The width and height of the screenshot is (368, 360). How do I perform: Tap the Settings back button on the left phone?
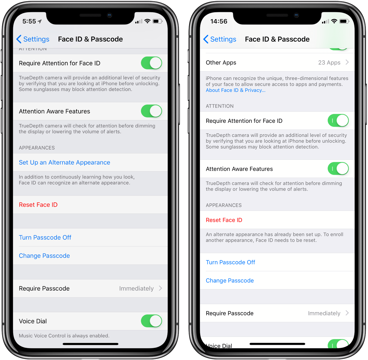tap(33, 39)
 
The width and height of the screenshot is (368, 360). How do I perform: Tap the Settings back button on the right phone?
tap(220, 39)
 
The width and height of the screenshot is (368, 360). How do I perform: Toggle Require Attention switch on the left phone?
tap(152, 63)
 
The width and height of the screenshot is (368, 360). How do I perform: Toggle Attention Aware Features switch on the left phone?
tap(152, 111)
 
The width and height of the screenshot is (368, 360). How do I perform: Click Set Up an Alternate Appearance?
tap(65, 162)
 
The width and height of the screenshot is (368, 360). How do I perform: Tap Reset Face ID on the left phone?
tap(38, 205)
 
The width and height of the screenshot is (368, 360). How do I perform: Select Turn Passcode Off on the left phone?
tap(45, 237)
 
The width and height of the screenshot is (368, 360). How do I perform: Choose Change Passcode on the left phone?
tap(44, 256)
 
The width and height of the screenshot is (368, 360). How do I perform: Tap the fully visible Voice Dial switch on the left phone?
tap(152, 321)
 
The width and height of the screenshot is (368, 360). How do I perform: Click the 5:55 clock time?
tap(29, 21)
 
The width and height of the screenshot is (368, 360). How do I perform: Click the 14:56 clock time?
tap(219, 21)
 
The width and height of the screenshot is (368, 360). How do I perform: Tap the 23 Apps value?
tap(329, 62)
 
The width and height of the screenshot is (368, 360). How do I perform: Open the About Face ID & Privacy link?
tap(236, 90)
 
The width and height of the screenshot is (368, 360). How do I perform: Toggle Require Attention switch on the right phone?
tap(338, 120)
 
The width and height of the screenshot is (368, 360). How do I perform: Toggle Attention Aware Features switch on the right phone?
tap(338, 169)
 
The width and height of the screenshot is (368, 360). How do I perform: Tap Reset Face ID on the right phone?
tap(224, 220)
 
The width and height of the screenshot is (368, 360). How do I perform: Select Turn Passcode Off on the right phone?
tap(230, 262)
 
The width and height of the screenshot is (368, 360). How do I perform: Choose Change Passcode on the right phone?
tap(230, 280)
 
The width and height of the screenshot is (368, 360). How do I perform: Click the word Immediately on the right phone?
tap(324, 313)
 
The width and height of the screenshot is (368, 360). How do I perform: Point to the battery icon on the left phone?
tap(157, 21)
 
